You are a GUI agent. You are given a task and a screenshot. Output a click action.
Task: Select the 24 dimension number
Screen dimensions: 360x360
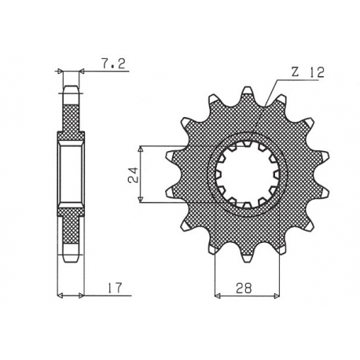pos(134,174)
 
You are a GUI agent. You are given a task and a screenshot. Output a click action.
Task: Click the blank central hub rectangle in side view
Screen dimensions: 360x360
pos(71,174)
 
